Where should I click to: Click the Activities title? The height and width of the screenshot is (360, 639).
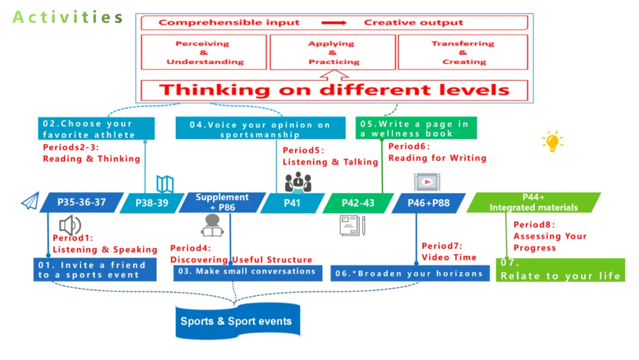coord(67,17)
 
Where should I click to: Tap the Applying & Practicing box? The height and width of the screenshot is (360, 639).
coord(333,53)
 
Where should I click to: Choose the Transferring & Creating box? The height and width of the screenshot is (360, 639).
coord(463,53)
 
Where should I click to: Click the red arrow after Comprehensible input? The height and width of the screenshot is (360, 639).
coord(334,23)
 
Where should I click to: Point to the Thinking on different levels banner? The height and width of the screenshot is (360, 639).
coord(334,90)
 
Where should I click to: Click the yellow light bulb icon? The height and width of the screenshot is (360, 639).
coord(551,142)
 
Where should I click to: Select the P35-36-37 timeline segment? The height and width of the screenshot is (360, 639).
coord(82,202)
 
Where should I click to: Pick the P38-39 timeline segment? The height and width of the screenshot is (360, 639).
coord(151,203)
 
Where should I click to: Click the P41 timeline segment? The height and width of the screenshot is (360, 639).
coord(292,203)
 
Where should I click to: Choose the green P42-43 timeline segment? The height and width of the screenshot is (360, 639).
coord(358,203)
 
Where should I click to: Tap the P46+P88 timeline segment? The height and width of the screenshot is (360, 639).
coord(428,203)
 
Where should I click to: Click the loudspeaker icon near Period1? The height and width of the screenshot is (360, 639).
coord(70,225)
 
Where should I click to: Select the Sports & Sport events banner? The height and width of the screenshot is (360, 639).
coord(235,322)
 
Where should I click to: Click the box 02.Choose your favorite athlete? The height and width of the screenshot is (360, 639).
coord(98,129)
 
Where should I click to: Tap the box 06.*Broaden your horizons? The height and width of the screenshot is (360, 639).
coord(410,274)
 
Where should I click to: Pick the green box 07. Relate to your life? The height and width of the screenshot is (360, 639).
coord(560,270)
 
